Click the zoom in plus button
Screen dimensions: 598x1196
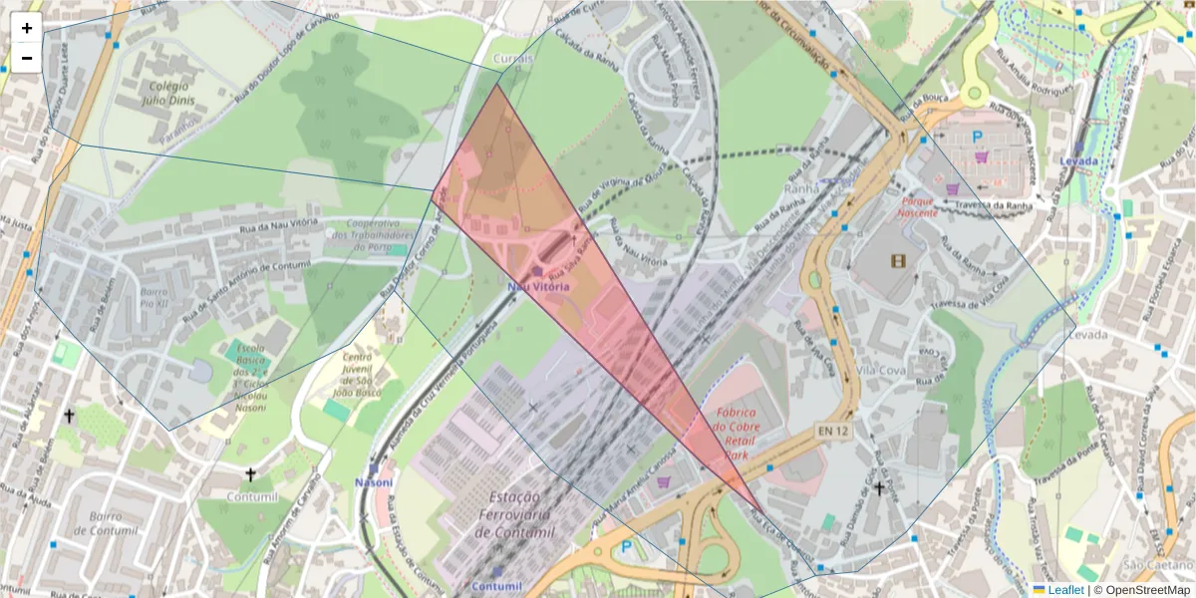[27, 28]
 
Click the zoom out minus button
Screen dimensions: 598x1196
[27, 58]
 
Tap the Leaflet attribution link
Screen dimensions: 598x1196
[1064, 590]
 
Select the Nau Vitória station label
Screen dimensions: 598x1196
[538, 286]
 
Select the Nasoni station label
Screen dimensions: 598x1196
[375, 482]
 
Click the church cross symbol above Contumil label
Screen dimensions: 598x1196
[250, 474]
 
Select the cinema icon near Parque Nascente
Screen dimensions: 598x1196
[900, 261]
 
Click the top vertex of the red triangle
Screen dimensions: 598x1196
[496, 84]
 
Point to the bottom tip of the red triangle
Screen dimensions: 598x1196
[763, 514]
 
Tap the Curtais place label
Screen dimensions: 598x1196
[514, 59]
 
